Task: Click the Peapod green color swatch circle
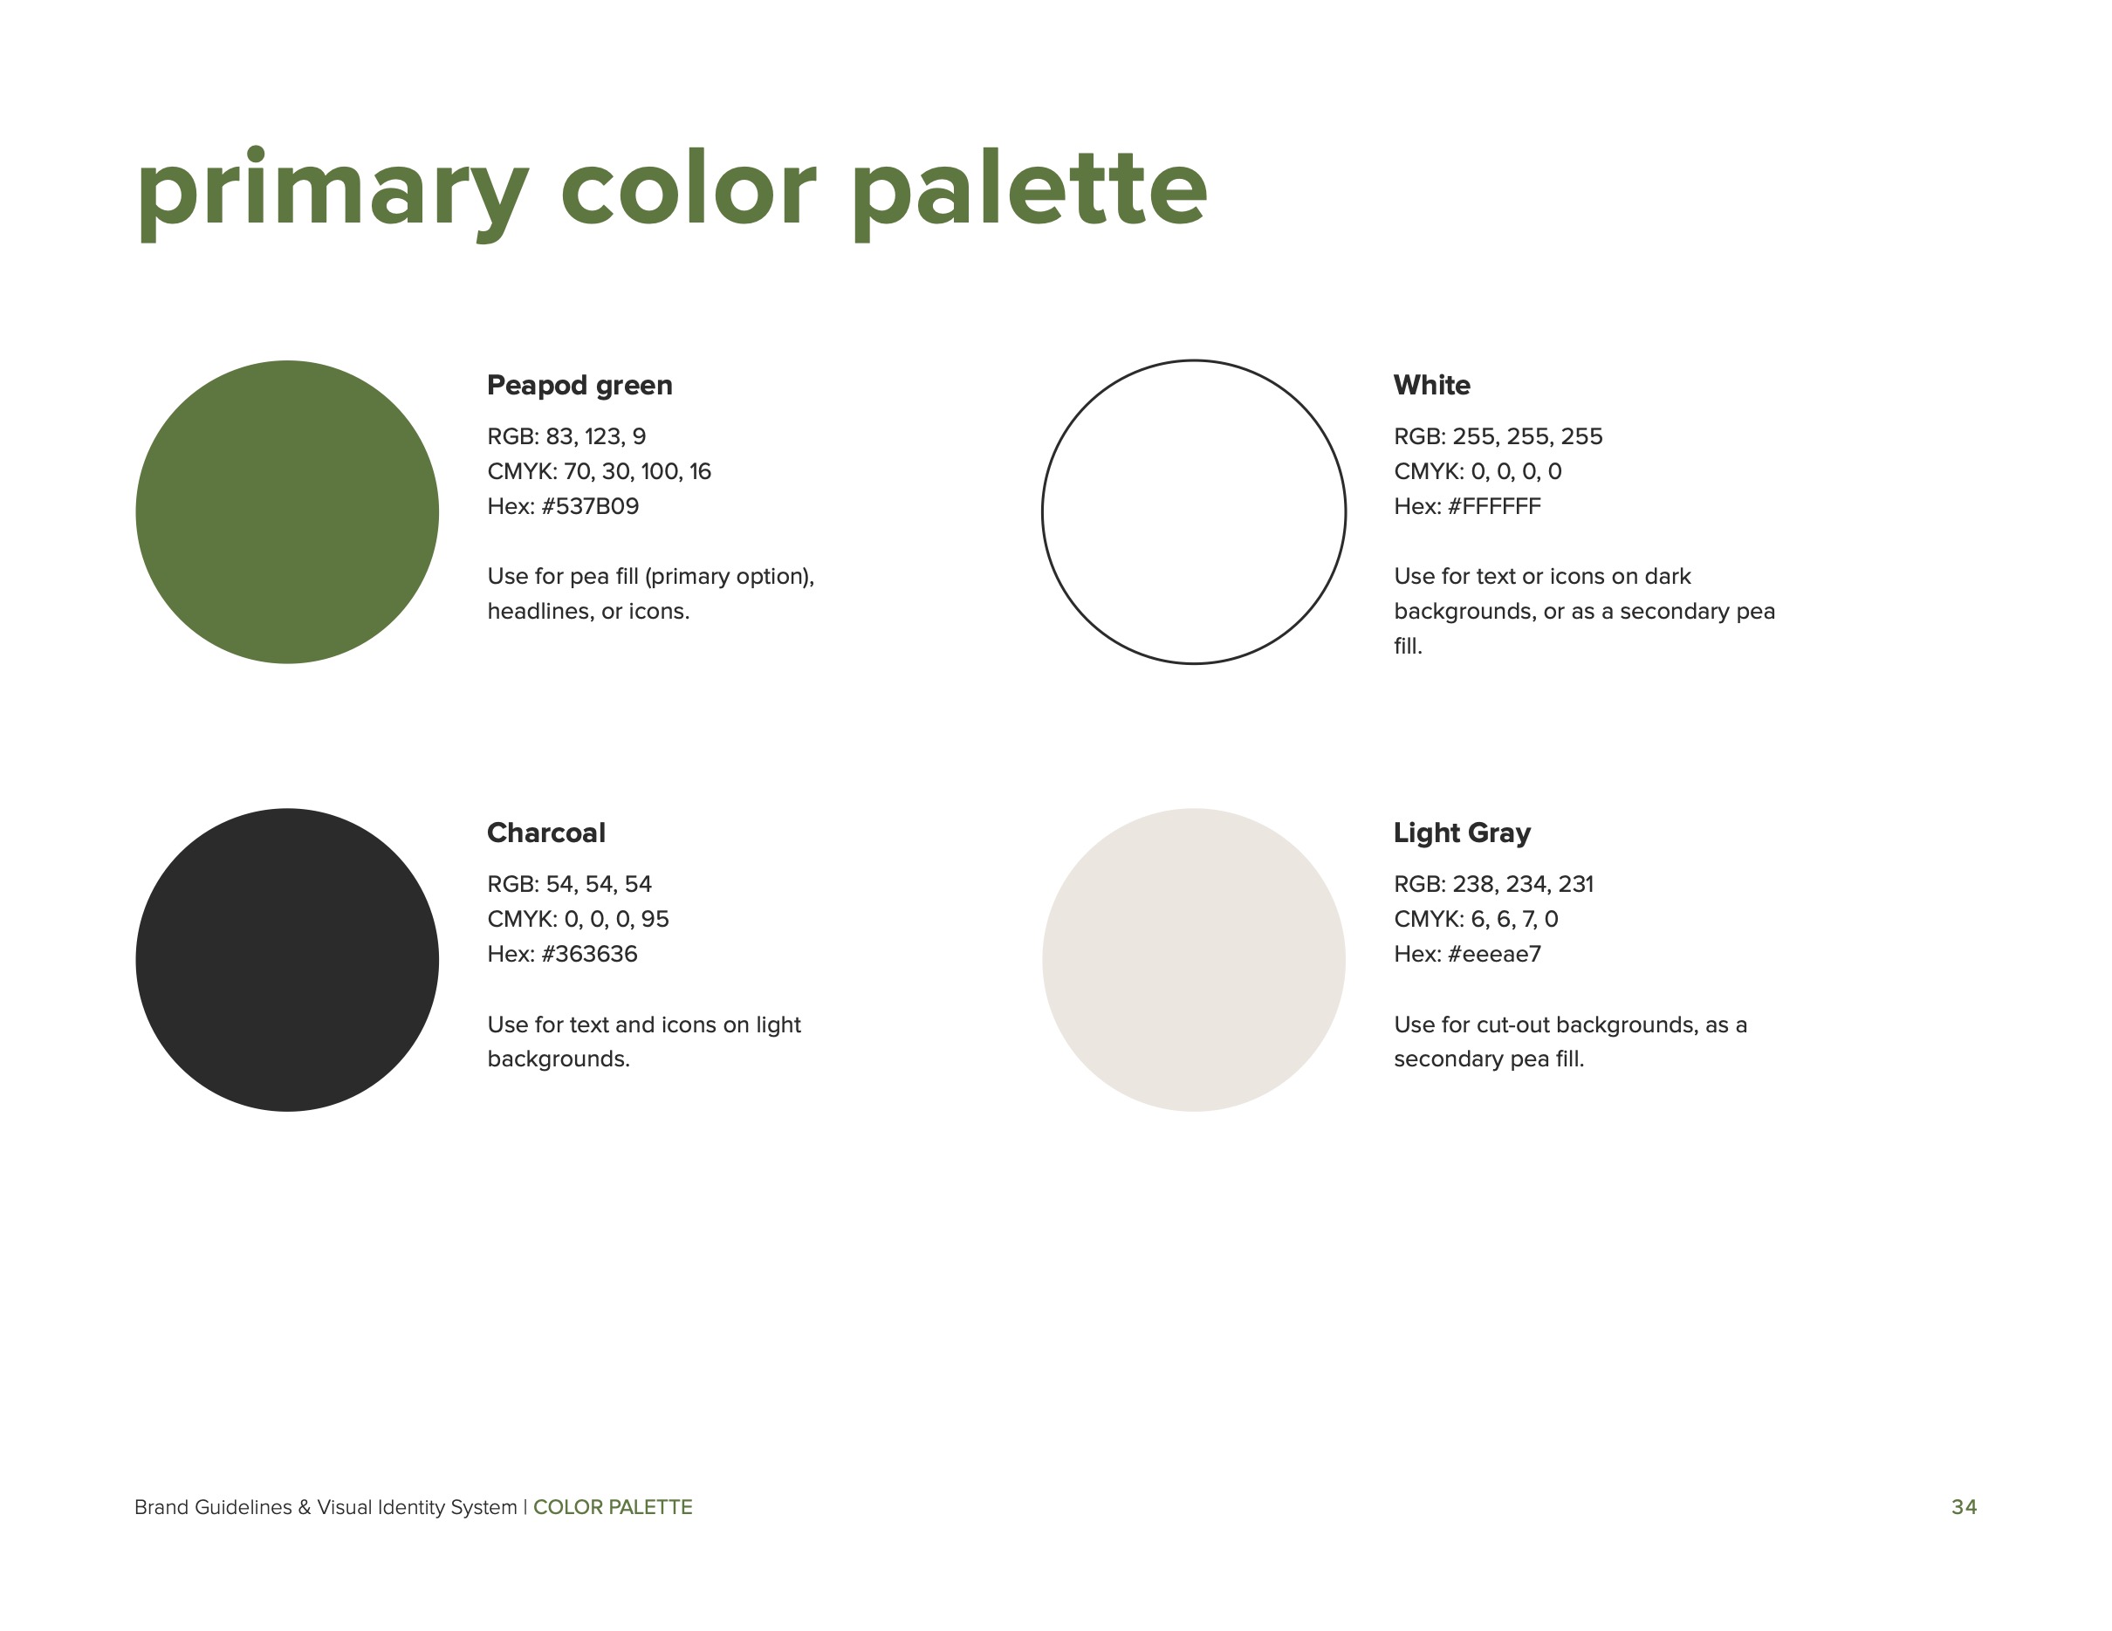click(287, 511)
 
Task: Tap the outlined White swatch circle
click(1193, 511)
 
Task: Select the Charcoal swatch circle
click(287, 959)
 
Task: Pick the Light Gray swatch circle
click(1193, 959)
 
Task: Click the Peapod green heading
click(579, 385)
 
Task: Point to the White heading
click(1431, 385)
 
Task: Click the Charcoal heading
click(545, 833)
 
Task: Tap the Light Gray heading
click(1461, 833)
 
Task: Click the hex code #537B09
click(589, 507)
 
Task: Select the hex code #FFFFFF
click(1493, 507)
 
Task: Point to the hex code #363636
click(589, 954)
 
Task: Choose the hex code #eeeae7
click(1493, 954)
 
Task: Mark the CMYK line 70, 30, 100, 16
click(599, 472)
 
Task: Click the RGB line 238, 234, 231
click(1493, 884)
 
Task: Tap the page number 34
click(1963, 1506)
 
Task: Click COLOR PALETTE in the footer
click(612, 1506)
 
